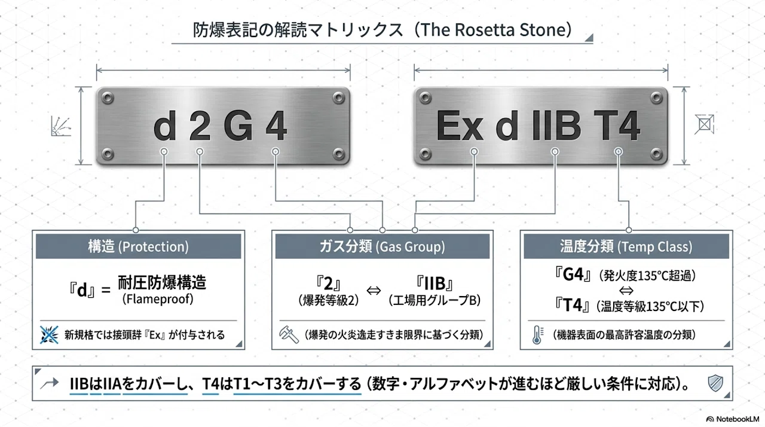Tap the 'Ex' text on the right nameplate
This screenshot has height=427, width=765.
[460, 126]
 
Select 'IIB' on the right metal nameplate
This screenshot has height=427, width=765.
[556, 126]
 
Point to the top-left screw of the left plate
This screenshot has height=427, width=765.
[108, 99]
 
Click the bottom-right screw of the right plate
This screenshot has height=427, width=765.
[656, 154]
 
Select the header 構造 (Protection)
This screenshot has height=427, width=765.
[138, 246]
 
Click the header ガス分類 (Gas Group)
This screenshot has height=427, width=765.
[382, 246]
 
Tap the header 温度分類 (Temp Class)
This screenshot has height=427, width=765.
[626, 246]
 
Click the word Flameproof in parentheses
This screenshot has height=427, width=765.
[158, 299]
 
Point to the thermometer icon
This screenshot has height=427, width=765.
[537, 334]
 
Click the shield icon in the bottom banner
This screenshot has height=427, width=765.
[715, 383]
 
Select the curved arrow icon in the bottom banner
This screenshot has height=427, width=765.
[50, 383]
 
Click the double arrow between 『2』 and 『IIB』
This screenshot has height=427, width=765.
[374, 291]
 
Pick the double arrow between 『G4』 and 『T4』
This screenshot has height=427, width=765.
[626, 291]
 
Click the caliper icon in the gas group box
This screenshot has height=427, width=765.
[289, 334]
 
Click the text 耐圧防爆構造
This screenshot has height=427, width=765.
[162, 282]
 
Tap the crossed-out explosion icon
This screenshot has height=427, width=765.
[49, 334]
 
